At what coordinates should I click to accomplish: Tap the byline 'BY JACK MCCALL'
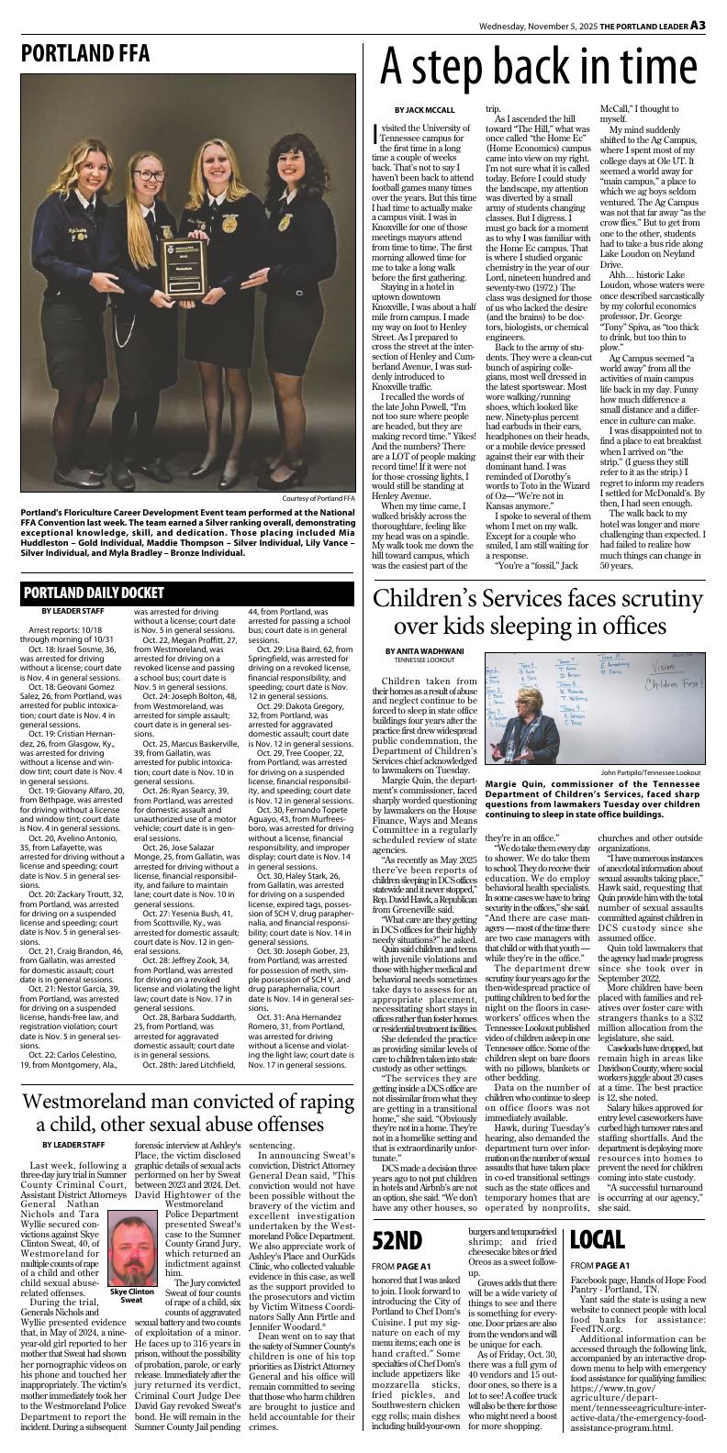tap(427, 111)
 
